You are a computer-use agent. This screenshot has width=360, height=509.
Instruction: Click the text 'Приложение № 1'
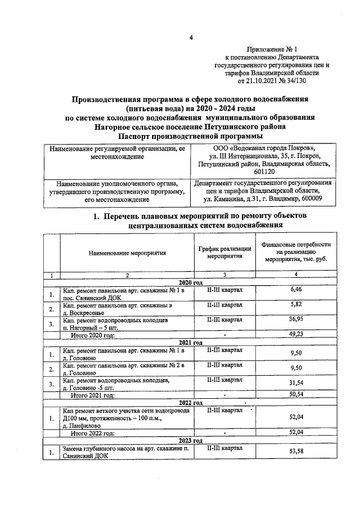[x=272, y=49]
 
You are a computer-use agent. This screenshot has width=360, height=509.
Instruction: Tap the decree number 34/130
[x=294, y=81]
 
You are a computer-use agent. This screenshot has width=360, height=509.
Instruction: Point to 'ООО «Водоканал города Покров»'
[x=264, y=148]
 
